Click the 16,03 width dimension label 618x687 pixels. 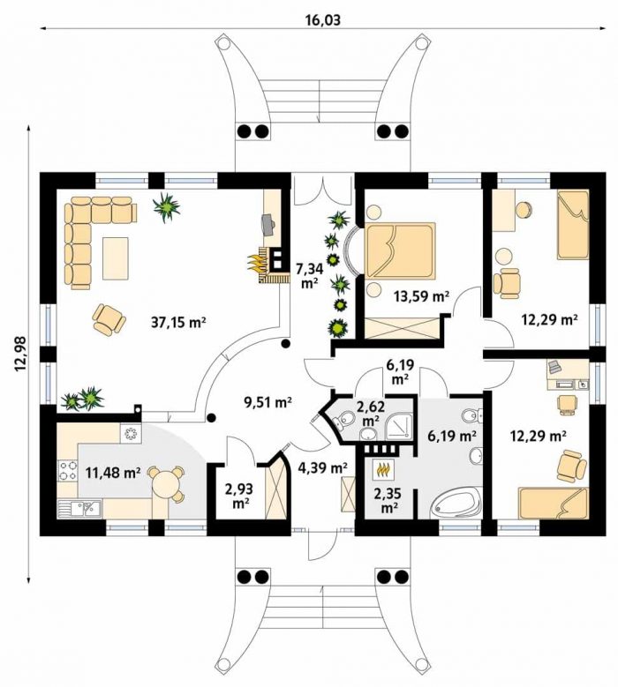(323, 20)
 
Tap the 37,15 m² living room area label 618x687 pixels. (178, 323)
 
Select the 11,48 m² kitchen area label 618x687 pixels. (113, 473)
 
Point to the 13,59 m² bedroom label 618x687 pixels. (421, 296)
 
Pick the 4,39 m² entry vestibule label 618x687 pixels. (323, 468)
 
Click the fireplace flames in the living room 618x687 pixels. (256, 265)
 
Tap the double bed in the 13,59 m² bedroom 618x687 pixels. (400, 250)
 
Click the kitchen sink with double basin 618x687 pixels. (79, 508)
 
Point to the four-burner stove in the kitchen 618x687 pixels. (66, 470)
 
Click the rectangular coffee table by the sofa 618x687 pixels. (116, 258)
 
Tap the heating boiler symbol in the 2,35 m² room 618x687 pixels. (384, 470)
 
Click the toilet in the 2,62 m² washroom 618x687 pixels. (343, 419)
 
